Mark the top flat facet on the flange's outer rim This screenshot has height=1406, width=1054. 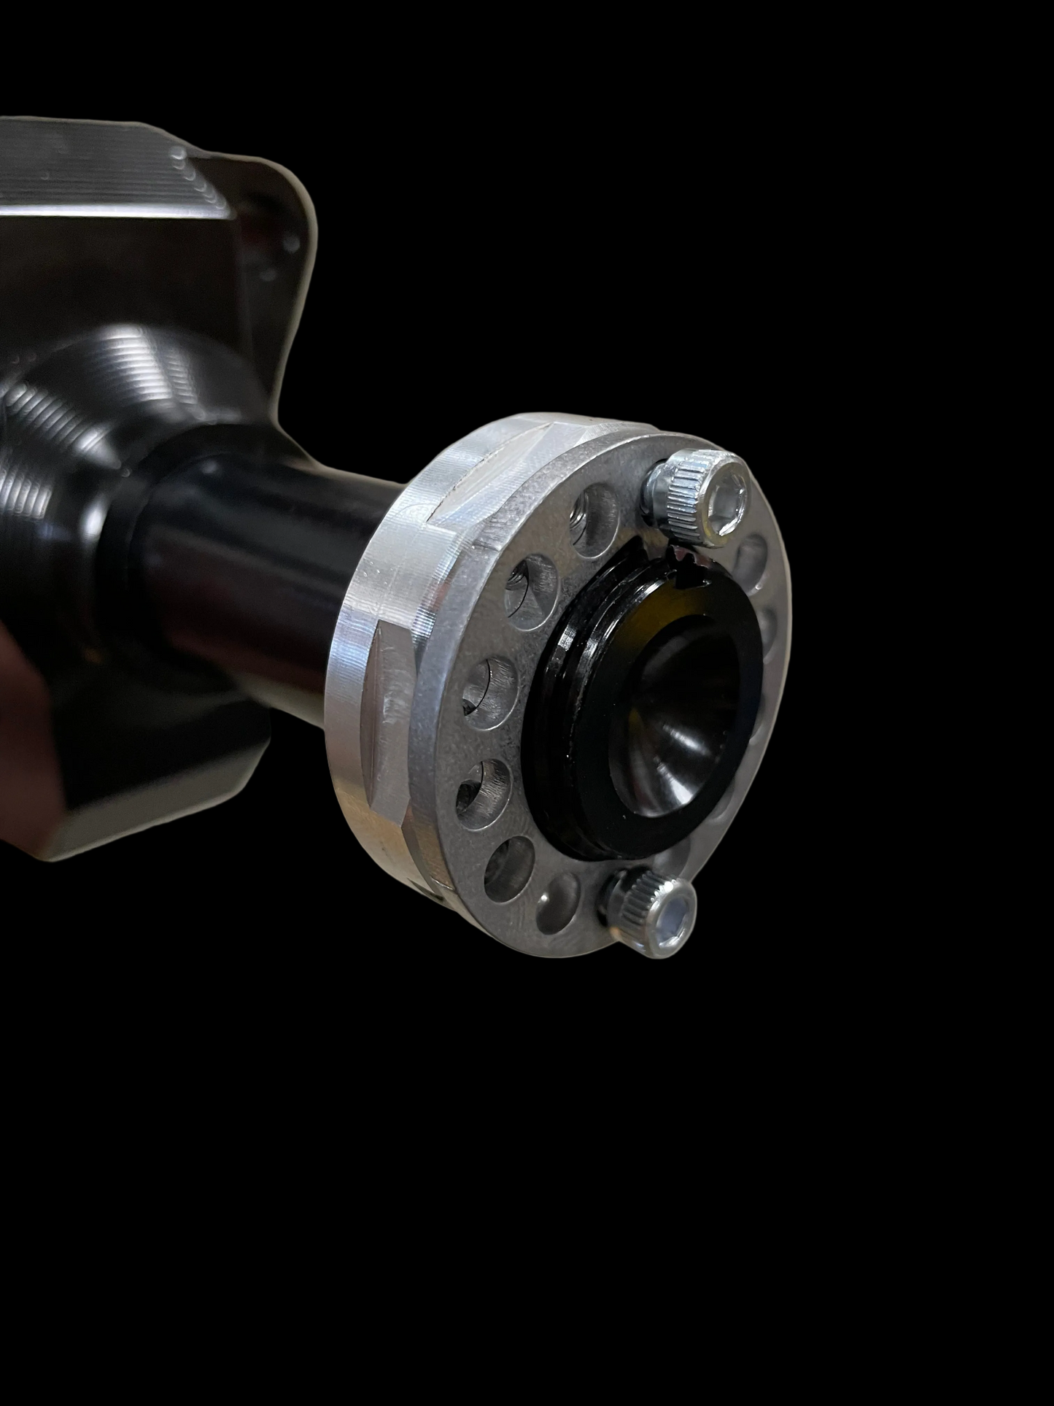[503, 438]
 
